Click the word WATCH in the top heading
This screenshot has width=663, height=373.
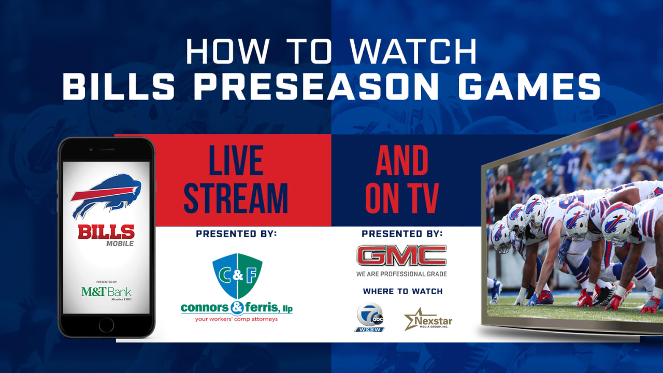coord(413,51)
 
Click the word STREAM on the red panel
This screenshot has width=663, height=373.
coord(236,198)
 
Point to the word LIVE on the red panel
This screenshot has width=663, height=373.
coord(236,160)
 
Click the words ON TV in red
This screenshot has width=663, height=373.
coord(401,198)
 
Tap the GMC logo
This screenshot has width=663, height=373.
coord(401,255)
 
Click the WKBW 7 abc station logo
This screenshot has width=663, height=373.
coord(370,317)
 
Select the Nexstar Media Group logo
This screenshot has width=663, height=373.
coord(428,320)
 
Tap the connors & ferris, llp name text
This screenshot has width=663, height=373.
coord(237,308)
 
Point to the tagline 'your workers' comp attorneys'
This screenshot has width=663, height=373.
coord(236,319)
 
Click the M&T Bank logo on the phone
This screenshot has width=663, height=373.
coord(106,293)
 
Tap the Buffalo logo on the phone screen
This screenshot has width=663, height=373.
coord(106,196)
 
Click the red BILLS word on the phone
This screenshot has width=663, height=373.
coord(106,232)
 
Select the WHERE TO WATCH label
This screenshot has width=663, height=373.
coord(402,291)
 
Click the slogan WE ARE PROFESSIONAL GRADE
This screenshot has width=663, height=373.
coord(401,274)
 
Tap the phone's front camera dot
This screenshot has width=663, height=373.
coord(91,149)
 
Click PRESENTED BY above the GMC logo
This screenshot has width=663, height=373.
coord(402,234)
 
